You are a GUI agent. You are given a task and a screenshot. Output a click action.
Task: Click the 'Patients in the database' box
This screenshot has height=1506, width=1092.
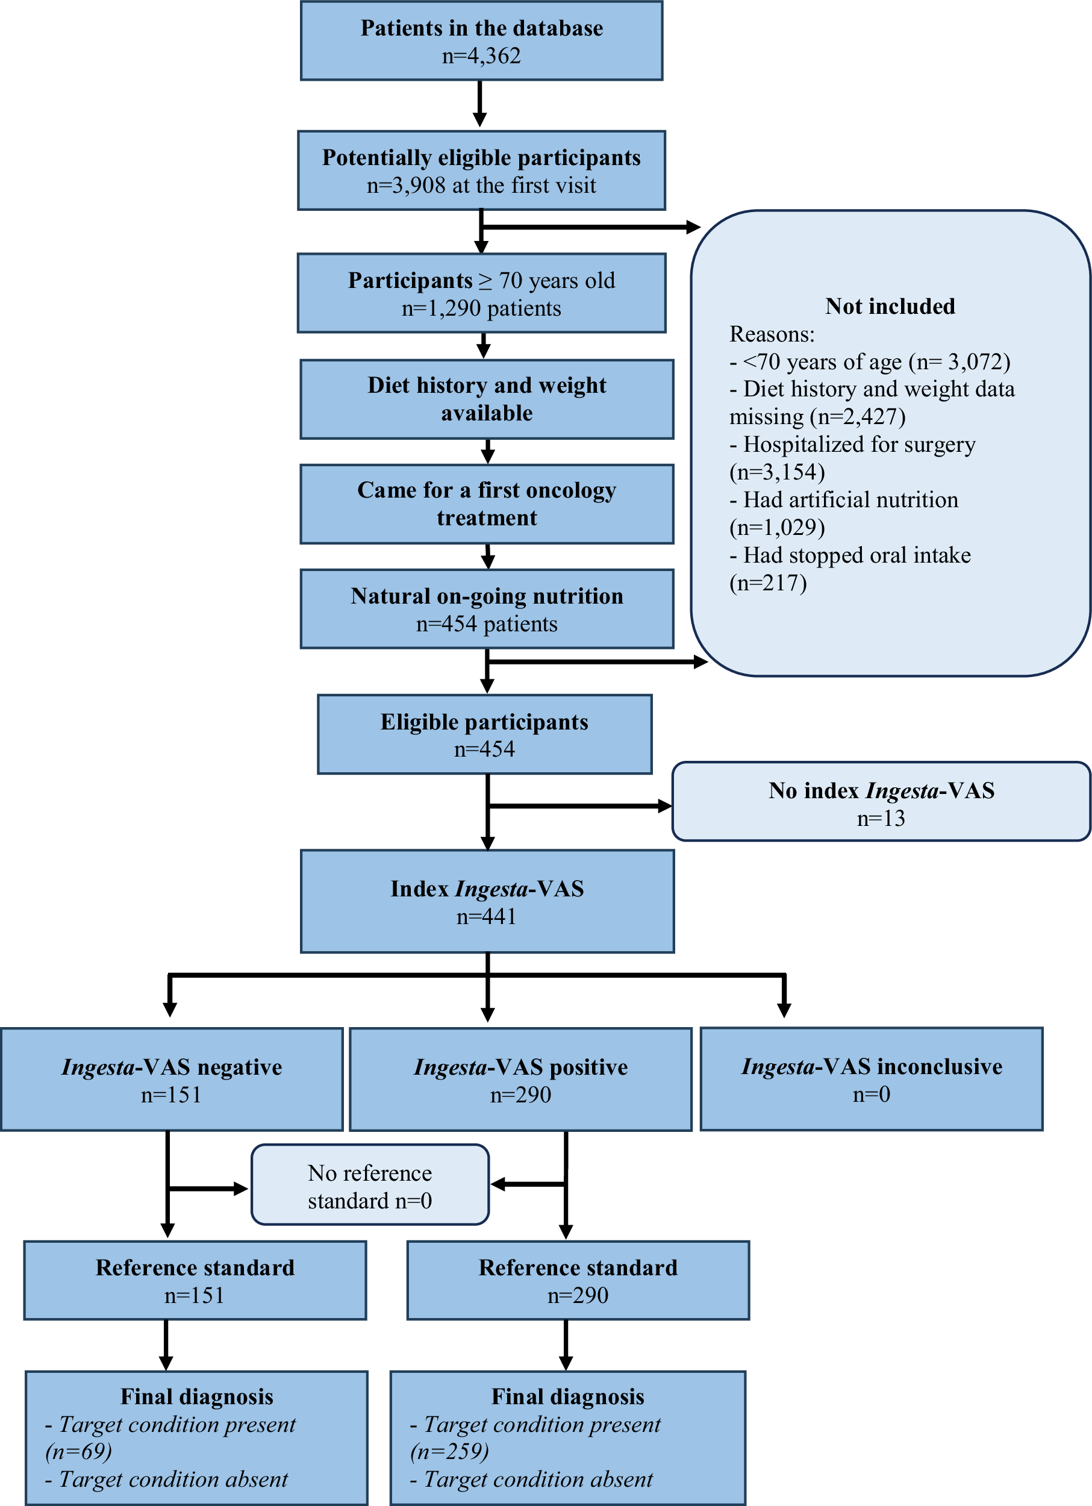click(481, 40)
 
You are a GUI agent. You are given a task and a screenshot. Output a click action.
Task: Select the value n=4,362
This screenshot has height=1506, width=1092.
click(481, 56)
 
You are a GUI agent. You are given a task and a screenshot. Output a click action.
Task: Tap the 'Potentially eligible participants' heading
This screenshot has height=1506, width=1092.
click(481, 157)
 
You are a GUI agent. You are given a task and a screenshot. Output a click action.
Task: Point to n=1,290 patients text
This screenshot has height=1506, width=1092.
click(481, 308)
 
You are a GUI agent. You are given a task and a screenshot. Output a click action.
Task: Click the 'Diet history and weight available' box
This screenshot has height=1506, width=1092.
click(487, 399)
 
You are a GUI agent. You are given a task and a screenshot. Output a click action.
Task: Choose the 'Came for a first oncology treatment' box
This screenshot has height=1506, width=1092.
click(487, 504)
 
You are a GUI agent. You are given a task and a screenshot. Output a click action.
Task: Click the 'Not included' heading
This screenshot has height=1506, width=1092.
click(890, 306)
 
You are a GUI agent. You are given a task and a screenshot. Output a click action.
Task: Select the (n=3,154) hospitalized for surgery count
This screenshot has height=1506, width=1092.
click(776, 472)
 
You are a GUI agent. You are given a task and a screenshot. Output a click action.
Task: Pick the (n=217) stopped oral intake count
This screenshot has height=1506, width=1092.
click(768, 583)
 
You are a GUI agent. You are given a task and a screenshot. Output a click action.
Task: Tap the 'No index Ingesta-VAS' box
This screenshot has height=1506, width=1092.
click(881, 801)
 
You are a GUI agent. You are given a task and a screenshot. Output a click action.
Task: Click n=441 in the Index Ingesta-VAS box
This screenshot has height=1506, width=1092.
click(487, 916)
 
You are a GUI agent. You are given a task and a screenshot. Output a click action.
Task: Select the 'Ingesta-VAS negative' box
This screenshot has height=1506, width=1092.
click(171, 1079)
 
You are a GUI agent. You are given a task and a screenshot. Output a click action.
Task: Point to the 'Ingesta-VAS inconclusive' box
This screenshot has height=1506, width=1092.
click(871, 1078)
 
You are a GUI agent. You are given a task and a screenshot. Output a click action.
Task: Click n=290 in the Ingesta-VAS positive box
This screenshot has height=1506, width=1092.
click(520, 1095)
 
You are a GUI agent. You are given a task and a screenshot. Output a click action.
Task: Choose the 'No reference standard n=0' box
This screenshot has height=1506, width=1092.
click(370, 1184)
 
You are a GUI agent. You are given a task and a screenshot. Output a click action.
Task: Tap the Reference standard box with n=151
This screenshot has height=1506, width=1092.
click(195, 1279)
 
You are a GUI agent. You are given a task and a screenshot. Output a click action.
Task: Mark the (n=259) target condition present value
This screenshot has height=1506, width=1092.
click(449, 1452)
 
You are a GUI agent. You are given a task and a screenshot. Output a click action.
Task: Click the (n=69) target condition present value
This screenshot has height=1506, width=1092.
click(78, 1452)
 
